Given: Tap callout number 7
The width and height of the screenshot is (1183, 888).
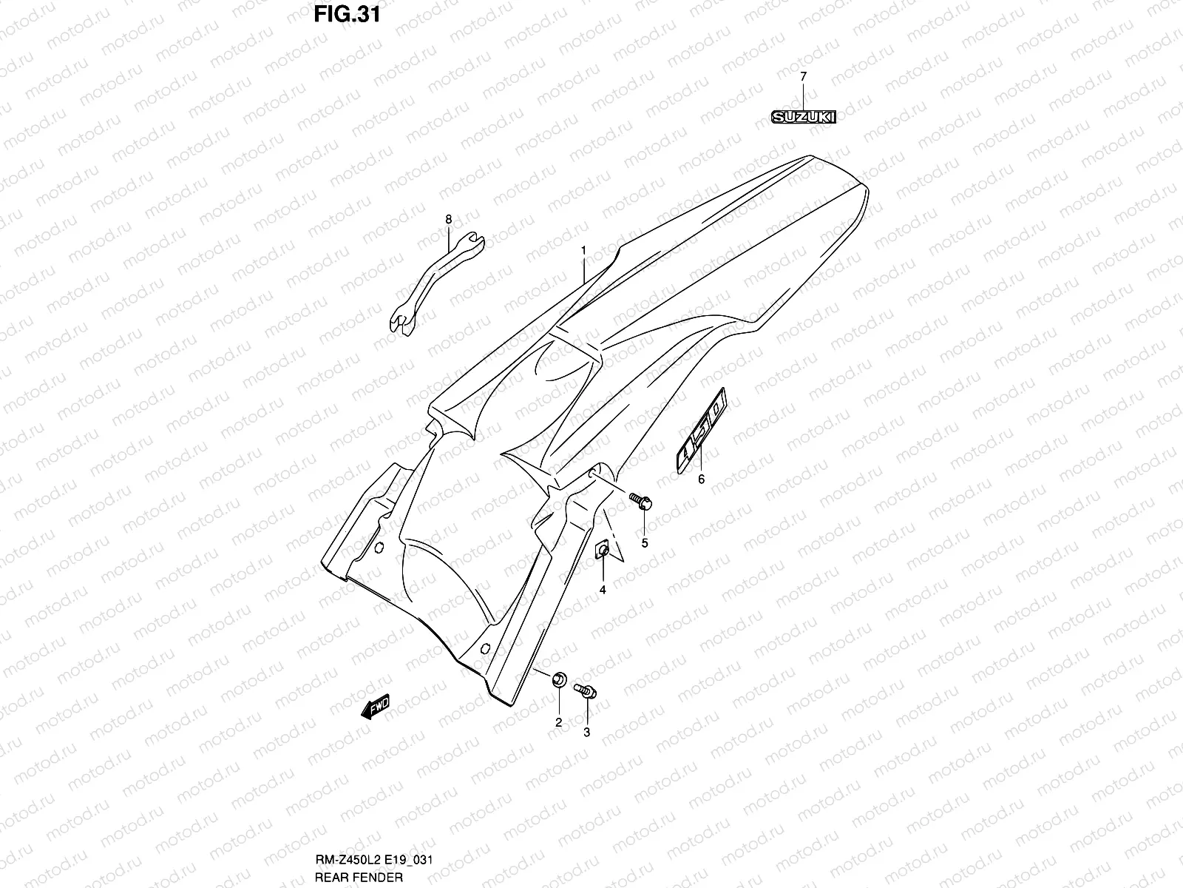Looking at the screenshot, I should tap(804, 76).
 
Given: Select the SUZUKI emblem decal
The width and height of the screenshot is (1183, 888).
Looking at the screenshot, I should tap(804, 116).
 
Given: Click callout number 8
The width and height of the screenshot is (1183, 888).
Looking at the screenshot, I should tap(448, 218).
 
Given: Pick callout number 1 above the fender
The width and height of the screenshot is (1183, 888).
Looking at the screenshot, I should tap(583, 250).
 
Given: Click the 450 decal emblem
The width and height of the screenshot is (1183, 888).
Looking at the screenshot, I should tap(701, 428).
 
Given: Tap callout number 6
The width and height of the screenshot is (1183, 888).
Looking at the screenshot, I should tap(701, 480).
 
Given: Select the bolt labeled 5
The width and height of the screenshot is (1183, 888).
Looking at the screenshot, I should tap(640, 501).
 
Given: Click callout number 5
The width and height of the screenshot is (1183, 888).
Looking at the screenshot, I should tap(644, 543).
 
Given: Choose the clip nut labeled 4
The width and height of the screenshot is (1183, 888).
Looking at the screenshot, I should tap(603, 551).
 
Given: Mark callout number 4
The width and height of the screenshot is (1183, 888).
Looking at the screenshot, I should tap(603, 590).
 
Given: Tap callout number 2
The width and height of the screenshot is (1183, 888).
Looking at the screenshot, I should tap(558, 721).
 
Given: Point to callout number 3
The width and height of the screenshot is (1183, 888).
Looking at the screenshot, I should tap(587, 733).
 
